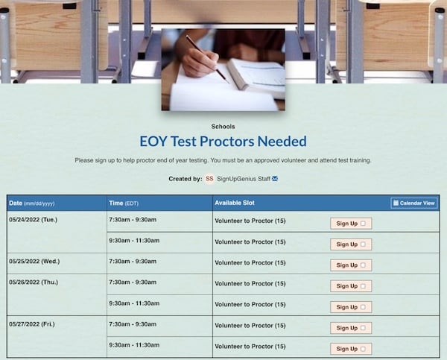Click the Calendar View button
pos(414,203)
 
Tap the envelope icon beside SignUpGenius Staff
pos(275,179)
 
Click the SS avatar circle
pos(209,179)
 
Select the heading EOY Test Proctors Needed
pos(223,142)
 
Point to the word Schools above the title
pos(223,127)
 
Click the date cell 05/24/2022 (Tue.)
pos(33,220)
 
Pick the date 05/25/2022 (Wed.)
pos(34,262)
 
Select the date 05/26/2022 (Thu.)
pos(34,282)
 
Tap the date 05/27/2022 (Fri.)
pos(31,324)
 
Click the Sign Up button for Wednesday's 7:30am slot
pos(351,265)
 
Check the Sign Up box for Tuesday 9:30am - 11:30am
pos(351,244)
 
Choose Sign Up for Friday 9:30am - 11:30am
pos(351,349)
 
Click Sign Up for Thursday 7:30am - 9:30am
pos(351,286)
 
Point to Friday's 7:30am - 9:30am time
pos(133,324)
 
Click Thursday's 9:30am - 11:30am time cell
pos(134,303)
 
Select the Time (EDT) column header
pos(124,203)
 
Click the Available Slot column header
pos(235,203)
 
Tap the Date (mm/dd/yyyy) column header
pos(31,203)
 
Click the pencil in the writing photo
pos(206,59)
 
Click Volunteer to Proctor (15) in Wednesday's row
pos(250,262)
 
